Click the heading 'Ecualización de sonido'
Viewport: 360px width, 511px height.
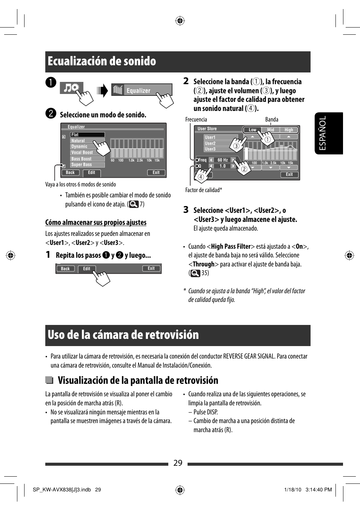click(102, 61)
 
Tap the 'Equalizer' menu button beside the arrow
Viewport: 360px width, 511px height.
click(142, 90)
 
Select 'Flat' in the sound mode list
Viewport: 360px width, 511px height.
click(87, 135)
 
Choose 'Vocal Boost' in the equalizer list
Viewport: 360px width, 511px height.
click(82, 152)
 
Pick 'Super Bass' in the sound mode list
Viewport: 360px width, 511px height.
click(82, 165)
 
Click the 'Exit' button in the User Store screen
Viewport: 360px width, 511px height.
click(289, 174)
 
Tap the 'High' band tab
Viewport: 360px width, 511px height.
click(289, 130)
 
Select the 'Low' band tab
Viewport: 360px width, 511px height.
click(252, 130)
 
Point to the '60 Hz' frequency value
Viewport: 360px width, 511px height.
click(223, 160)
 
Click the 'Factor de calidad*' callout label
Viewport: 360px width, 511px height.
click(203, 190)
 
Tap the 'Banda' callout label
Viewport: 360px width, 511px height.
click(271, 120)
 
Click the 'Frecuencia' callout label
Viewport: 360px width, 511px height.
click(196, 120)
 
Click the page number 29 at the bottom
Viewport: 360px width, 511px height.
click(178, 463)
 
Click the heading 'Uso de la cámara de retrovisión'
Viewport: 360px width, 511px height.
click(123, 335)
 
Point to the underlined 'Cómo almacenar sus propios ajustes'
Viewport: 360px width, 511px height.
click(96, 222)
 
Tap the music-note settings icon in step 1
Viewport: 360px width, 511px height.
click(71, 88)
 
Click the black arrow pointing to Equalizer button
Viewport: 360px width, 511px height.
click(102, 91)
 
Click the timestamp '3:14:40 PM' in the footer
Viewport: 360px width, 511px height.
click(318, 490)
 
